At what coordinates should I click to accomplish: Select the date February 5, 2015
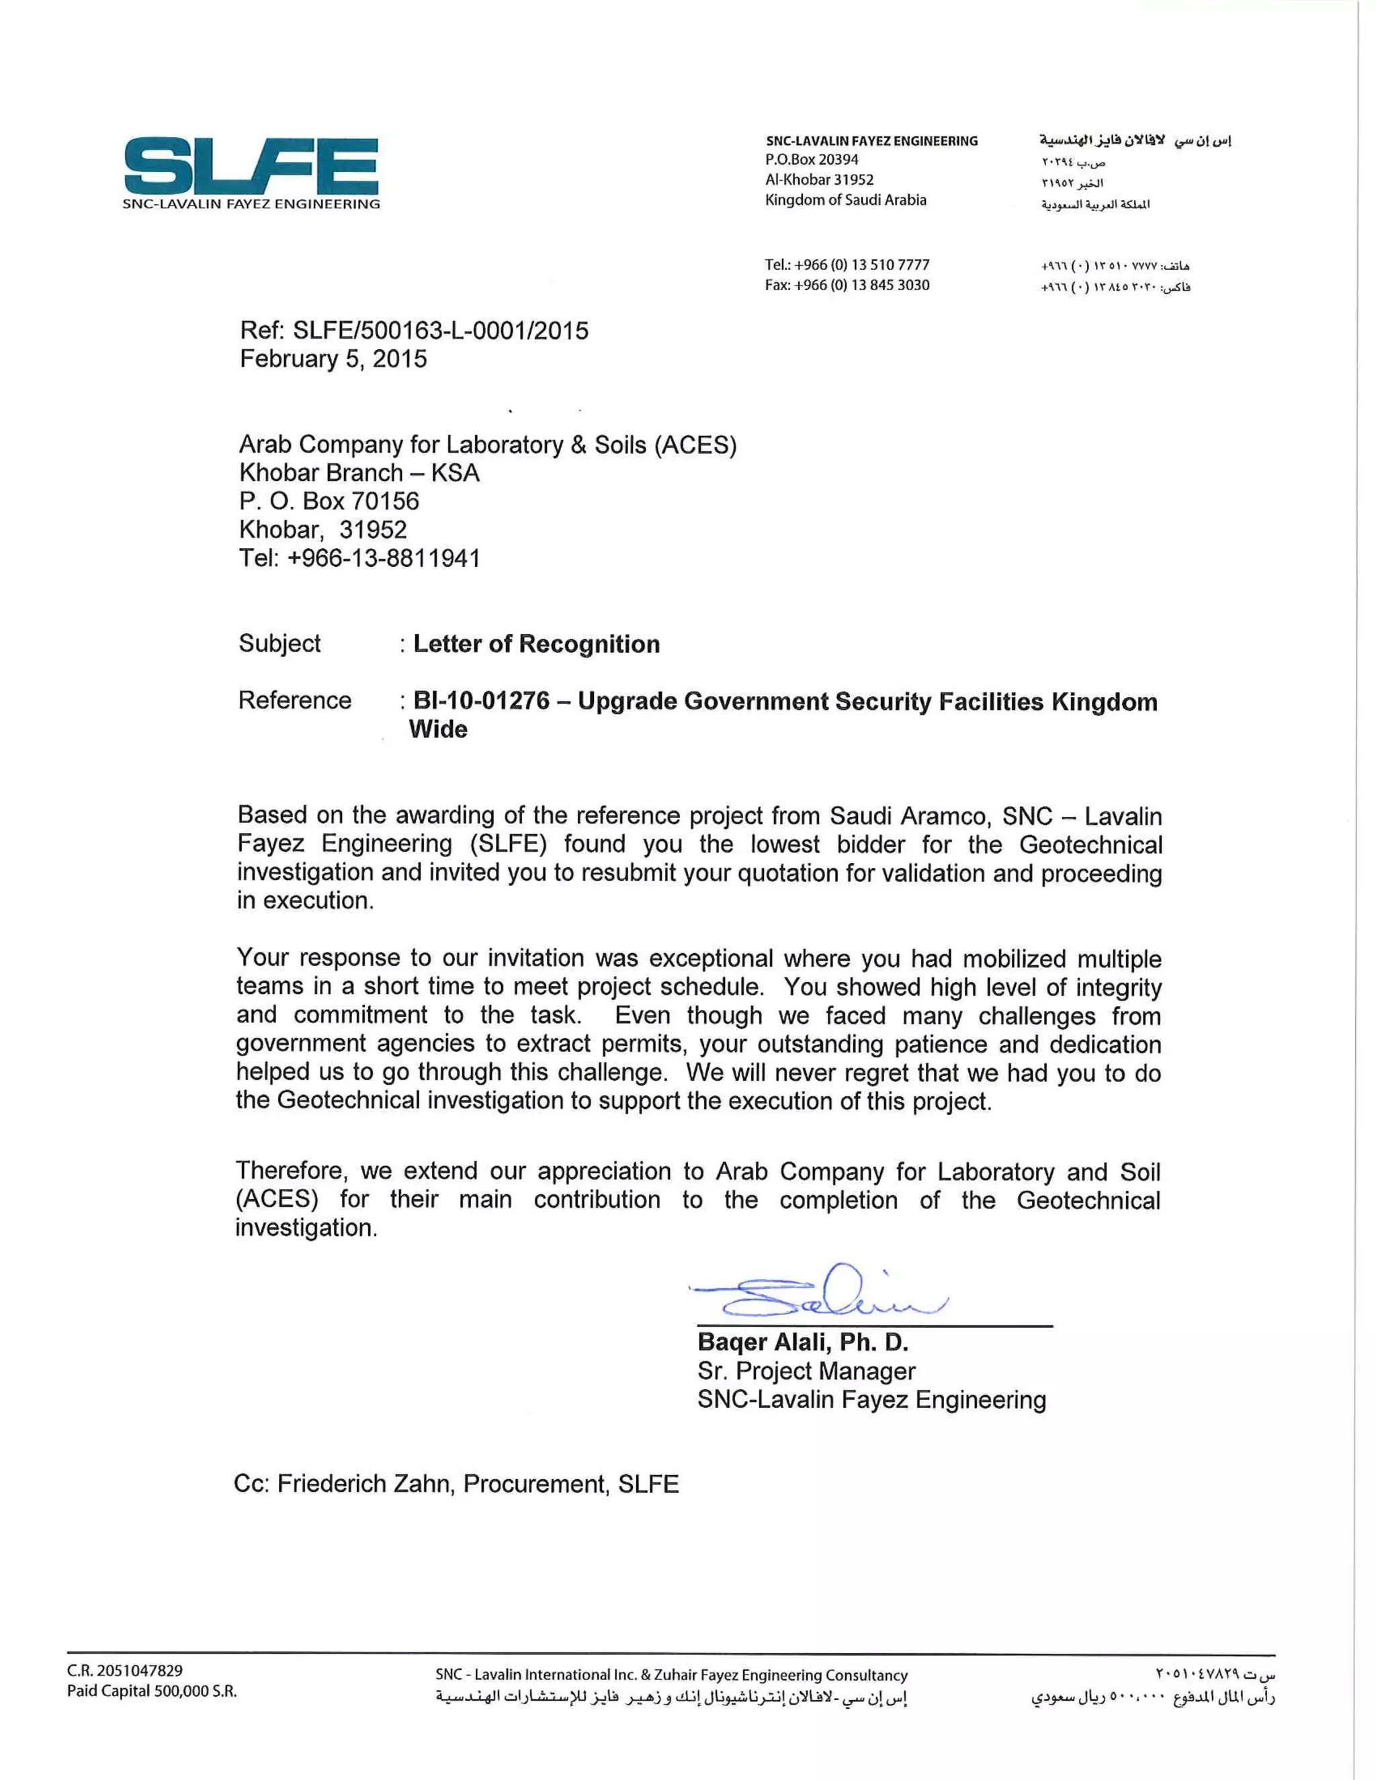tap(333, 359)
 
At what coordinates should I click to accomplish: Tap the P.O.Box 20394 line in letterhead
tap(811, 160)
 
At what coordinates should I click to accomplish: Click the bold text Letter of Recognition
tap(536, 644)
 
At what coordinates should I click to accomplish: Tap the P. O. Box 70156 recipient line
tap(329, 501)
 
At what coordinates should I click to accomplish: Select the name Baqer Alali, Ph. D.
tap(803, 1342)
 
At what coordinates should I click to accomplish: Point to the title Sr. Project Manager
tap(806, 1371)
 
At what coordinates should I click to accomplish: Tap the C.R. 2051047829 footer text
tap(125, 1671)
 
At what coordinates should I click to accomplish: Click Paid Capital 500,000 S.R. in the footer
tap(152, 1691)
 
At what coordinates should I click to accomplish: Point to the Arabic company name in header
tap(1135, 141)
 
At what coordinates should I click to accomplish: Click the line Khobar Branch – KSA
tap(359, 473)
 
